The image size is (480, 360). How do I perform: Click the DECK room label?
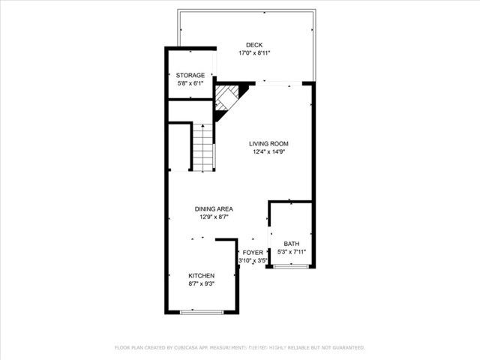pyautogui.click(x=255, y=44)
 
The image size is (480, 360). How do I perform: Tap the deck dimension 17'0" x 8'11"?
pyautogui.click(x=255, y=53)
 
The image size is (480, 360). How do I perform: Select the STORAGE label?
pyautogui.click(x=190, y=75)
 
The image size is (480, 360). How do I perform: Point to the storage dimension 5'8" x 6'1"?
pyautogui.click(x=190, y=83)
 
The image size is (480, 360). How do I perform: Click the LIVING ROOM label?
pyautogui.click(x=268, y=143)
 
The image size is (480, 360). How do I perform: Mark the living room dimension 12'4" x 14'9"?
pyautogui.click(x=268, y=151)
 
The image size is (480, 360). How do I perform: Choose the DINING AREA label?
pyautogui.click(x=214, y=208)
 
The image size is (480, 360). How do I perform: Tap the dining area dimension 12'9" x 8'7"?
pyautogui.click(x=214, y=217)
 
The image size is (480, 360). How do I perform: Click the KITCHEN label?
pyautogui.click(x=202, y=275)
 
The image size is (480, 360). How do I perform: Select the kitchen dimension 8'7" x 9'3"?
pyautogui.click(x=202, y=284)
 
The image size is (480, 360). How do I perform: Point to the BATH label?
pyautogui.click(x=291, y=244)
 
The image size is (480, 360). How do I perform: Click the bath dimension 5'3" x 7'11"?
pyautogui.click(x=292, y=252)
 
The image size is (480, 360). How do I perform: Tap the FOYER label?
pyautogui.click(x=253, y=253)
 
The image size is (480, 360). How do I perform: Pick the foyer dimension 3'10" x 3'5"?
pyautogui.click(x=253, y=261)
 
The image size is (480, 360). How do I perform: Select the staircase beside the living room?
pyautogui.click(x=204, y=146)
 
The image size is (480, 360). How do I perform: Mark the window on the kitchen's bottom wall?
pyautogui.click(x=202, y=312)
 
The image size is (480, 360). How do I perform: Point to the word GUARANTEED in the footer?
pyautogui.click(x=348, y=348)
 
